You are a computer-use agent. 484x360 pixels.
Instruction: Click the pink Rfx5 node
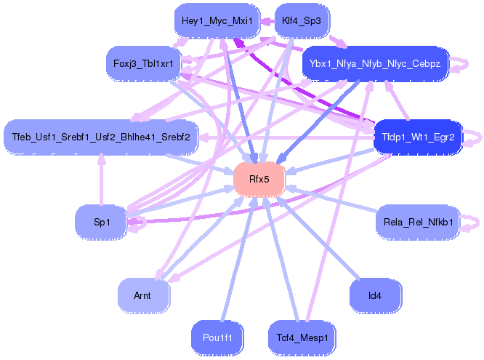pos(259,179)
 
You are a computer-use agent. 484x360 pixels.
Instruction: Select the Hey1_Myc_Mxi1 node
pos(217,20)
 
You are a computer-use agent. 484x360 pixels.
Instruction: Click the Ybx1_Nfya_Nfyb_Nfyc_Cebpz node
pos(375,63)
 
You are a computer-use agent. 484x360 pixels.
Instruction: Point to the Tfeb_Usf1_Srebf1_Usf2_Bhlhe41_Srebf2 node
pos(101,137)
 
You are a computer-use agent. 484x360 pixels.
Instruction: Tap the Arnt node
pos(142,295)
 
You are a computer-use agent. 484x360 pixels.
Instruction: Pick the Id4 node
pos(375,295)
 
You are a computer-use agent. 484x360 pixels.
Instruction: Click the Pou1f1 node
pos(217,337)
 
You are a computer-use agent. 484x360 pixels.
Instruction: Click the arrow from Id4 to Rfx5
pos(320,239)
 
